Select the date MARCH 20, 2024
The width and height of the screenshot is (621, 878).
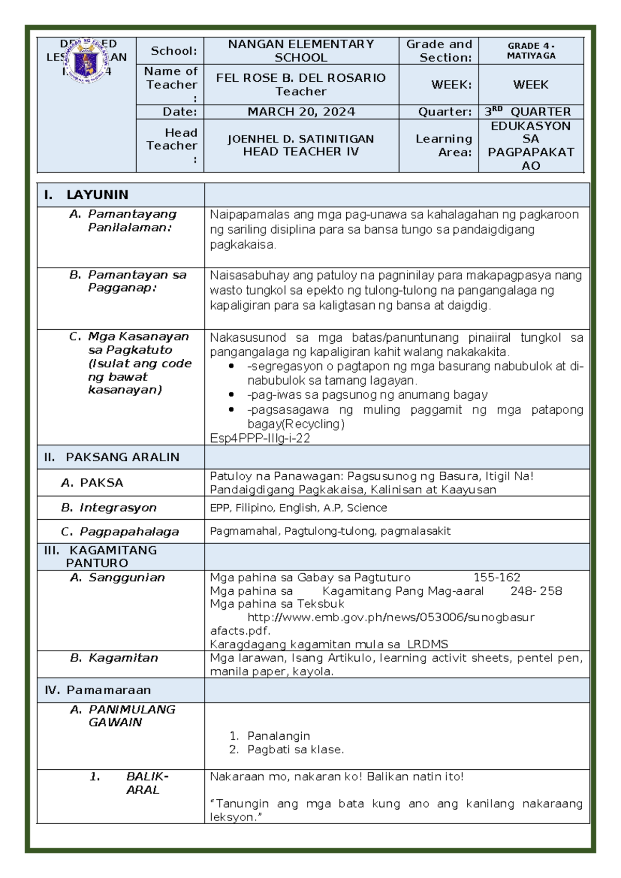click(x=301, y=112)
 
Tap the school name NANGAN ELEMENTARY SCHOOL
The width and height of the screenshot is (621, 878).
click(x=301, y=51)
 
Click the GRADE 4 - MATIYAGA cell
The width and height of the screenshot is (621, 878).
click(x=531, y=51)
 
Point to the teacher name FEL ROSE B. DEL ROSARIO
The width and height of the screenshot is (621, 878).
click(x=301, y=78)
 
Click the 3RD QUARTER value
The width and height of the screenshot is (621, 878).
click(x=528, y=112)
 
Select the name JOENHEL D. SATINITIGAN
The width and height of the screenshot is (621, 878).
click(x=301, y=139)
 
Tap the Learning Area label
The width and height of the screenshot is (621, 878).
click(x=444, y=145)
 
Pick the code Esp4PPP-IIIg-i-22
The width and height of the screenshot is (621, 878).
click(x=260, y=438)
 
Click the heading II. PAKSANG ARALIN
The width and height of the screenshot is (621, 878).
click(x=112, y=457)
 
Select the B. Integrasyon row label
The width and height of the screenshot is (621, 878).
click(x=109, y=508)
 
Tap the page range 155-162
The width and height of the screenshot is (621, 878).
click(x=497, y=578)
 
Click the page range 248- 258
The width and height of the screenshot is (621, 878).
click(x=536, y=591)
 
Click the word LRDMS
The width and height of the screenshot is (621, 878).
click(x=427, y=645)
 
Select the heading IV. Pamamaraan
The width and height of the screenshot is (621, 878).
click(x=98, y=690)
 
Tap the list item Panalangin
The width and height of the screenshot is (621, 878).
click(x=278, y=736)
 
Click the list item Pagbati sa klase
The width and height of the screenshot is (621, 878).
click(x=295, y=750)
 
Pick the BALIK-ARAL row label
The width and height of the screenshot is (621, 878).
click(x=141, y=783)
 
